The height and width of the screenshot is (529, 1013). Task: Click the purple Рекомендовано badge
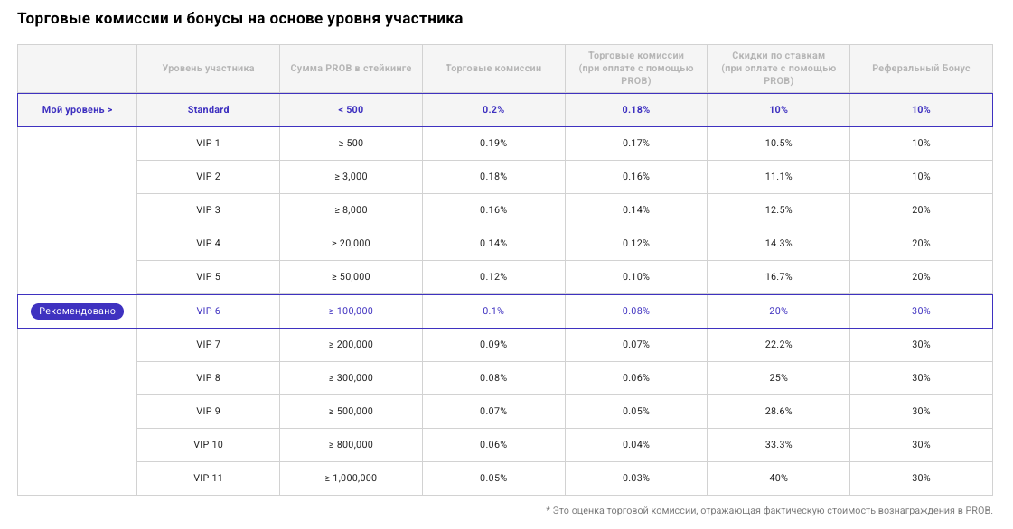(77, 311)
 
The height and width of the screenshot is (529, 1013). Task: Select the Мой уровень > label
(77, 110)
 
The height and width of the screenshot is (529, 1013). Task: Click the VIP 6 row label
(208, 311)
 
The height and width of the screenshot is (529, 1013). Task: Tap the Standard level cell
(208, 110)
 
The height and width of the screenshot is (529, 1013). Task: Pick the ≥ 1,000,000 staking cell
(351, 478)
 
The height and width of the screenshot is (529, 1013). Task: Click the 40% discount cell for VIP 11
(778, 478)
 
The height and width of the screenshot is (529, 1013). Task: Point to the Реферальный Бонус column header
(921, 69)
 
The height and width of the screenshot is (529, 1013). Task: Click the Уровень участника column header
(208, 69)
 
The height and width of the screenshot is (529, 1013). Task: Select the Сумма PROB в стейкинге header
(351, 69)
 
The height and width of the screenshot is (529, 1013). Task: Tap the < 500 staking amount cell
(351, 110)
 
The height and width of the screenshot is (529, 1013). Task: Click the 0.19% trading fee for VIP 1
(493, 144)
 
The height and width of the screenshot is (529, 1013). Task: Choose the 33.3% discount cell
(778, 445)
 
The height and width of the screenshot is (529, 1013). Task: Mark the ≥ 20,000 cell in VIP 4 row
(351, 244)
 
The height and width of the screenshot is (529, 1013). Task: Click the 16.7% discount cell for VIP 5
(778, 277)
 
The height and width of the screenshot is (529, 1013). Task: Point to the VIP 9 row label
(208, 412)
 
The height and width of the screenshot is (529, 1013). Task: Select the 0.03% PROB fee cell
(635, 478)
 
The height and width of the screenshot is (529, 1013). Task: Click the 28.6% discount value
(778, 412)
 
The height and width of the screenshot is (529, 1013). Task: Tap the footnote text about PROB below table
(768, 511)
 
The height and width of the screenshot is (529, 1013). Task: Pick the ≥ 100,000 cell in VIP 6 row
(351, 311)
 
